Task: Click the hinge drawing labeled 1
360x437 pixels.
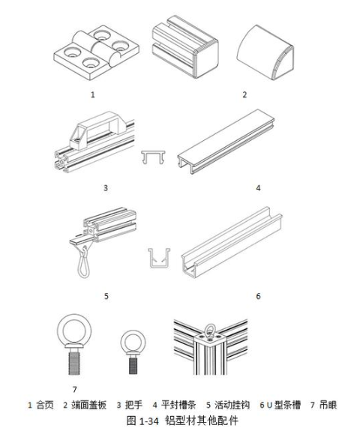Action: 96,53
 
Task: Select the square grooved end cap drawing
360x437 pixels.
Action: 185,47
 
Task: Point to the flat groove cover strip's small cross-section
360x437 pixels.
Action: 153,157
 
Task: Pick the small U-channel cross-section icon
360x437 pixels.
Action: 159,258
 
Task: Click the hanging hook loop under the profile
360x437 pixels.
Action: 84,263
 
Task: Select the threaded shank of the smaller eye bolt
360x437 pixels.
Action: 133,366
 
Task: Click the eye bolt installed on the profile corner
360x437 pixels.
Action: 210,331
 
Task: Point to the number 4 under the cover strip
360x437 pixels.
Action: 258,188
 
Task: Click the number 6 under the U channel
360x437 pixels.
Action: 258,296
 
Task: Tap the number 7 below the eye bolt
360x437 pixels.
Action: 74,389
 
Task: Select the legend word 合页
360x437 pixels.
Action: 45,405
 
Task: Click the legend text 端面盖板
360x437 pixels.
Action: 89,405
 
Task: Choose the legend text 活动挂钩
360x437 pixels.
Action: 232,405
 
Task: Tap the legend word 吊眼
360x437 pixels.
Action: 328,405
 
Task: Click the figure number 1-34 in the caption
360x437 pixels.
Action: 148,421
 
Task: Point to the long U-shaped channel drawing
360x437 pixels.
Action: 232,242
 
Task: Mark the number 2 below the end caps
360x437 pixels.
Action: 244,94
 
